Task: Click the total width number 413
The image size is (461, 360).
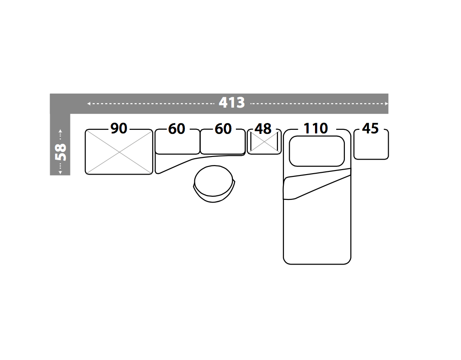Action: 232,103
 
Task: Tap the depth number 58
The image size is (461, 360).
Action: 60,152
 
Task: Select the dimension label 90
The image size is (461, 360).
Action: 119,129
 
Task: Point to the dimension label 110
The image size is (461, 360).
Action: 315,129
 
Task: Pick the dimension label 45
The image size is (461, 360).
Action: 370,129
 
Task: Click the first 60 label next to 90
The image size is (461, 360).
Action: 177,129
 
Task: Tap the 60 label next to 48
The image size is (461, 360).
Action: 223,129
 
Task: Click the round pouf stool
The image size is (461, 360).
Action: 215,184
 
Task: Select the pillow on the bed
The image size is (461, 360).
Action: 316,151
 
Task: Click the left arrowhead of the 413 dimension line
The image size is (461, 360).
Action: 89,104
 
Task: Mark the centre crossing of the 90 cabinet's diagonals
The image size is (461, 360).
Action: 119,152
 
